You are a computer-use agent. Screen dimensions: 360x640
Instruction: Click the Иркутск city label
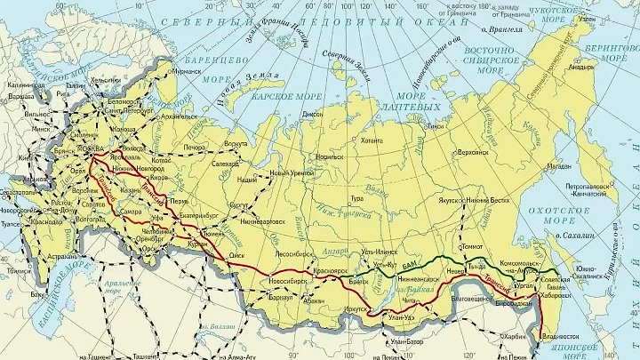click(354, 308)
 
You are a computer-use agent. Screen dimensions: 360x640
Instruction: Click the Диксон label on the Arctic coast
click(314, 114)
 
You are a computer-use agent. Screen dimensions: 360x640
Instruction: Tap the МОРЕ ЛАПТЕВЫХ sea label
click(418, 101)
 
